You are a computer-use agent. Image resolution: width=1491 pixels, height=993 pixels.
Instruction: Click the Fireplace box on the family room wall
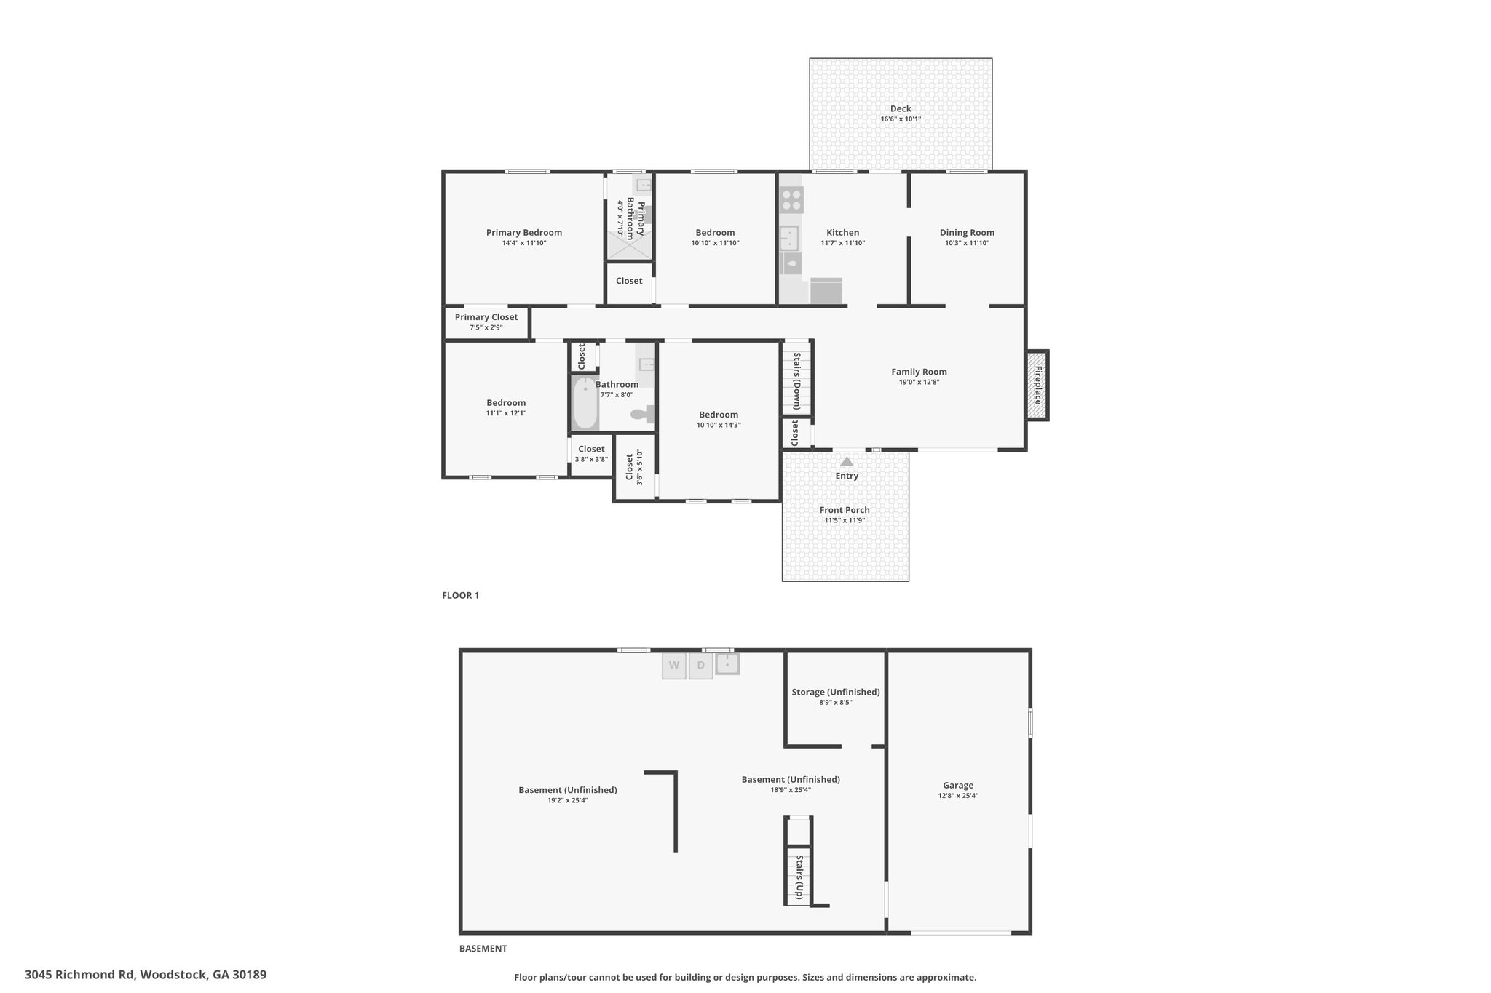pos(1037,385)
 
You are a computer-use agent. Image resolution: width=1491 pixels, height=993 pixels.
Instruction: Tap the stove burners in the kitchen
pos(791,199)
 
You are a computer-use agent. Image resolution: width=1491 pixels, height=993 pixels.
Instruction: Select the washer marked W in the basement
pos(674,665)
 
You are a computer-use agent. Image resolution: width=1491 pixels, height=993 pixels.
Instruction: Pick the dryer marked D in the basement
pos(700,665)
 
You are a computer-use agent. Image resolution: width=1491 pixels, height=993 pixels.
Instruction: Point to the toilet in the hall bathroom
pos(643,414)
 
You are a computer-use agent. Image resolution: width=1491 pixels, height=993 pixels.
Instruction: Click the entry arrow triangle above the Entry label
pos(847,461)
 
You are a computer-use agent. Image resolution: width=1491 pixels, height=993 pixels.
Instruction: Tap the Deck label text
pos(901,108)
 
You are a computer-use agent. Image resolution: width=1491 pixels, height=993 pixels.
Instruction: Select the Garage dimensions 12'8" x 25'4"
pos(958,796)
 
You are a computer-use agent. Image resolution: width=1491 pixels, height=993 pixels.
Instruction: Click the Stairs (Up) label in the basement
pos(799,877)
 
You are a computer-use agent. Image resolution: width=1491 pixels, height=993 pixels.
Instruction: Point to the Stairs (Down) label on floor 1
pos(797,381)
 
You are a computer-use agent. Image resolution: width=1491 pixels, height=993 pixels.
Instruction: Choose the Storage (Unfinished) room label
pos(836,692)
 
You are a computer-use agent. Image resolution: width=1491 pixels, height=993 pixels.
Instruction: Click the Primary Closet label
pos(486,317)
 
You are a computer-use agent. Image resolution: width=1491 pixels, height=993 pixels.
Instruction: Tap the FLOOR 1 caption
pos(461,595)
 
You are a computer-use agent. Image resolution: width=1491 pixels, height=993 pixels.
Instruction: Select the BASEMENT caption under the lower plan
pos(483,949)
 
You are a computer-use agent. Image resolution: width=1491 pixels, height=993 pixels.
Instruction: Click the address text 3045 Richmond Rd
pos(81,975)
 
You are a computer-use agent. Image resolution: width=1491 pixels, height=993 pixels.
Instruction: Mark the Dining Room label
pos(967,233)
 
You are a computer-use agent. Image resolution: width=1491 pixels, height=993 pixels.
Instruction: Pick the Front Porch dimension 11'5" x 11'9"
pos(845,520)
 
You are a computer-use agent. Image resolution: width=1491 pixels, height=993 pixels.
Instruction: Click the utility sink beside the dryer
pos(727,663)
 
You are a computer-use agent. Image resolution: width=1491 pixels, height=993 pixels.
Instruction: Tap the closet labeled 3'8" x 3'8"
pos(591,455)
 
